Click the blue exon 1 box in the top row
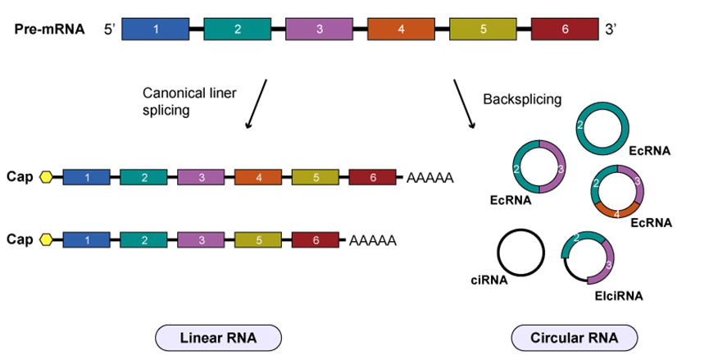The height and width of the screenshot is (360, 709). coord(156,30)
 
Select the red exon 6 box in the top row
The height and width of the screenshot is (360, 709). coord(565,30)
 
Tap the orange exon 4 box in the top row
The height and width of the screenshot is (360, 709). coord(401,30)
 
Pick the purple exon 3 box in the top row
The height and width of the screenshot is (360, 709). coord(319,30)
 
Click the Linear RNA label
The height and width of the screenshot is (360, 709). coord(218,338)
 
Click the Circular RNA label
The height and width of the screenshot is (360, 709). coord(574,338)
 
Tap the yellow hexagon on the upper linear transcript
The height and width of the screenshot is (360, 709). coord(46,177)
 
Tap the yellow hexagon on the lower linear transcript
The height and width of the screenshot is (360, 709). coord(46,239)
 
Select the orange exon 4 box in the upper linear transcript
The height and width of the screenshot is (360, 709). coord(258,177)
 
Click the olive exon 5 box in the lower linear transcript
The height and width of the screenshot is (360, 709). coord(258,239)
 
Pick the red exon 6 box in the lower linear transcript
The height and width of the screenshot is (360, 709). coord(316,239)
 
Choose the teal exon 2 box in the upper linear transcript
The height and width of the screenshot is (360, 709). coord(143,177)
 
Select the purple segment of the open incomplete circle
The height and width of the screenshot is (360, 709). coord(609,264)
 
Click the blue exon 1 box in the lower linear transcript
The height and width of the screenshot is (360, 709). coord(86,239)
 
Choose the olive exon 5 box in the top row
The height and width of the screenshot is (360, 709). coord(483,30)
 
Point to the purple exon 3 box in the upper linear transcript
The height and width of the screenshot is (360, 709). coord(201,177)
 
